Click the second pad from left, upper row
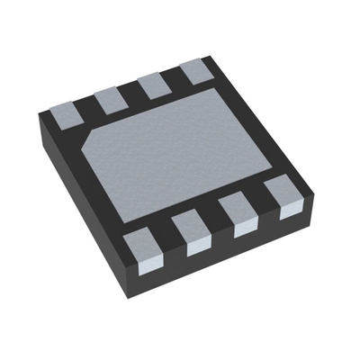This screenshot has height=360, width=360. [112, 99]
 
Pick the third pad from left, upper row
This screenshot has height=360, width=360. [154, 85]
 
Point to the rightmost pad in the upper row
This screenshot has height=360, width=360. [194, 71]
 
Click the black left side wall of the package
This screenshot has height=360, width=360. [76, 189]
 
